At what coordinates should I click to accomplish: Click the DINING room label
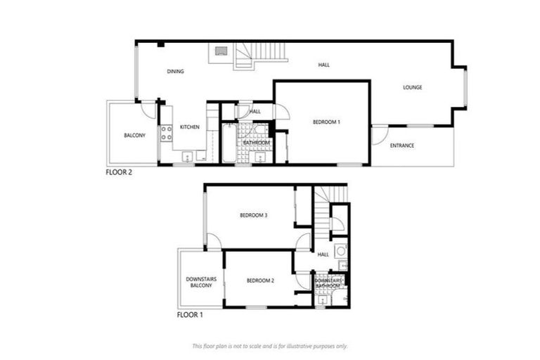pos(175,72)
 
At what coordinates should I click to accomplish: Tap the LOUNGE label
pos(412,88)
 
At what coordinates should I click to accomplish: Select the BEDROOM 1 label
pos(326,122)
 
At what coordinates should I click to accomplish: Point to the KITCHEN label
pos(190,127)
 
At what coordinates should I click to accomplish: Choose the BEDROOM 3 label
pos(253,215)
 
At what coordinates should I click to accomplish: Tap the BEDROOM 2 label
pos(260,281)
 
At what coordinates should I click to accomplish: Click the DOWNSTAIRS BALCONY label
pos(200,283)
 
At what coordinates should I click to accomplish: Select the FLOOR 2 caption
pos(119,172)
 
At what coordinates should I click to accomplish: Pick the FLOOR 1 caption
pos(190,316)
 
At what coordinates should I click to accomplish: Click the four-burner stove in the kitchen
pos(167,134)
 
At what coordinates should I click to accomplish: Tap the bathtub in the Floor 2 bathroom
pos(229,143)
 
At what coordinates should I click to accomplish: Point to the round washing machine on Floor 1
pos(341,250)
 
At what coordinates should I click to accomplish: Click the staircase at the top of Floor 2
pos(259,55)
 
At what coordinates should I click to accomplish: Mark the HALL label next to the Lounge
pos(323,65)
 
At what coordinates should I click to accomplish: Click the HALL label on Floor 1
pos(323,255)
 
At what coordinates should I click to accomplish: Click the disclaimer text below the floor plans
pos(270,346)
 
